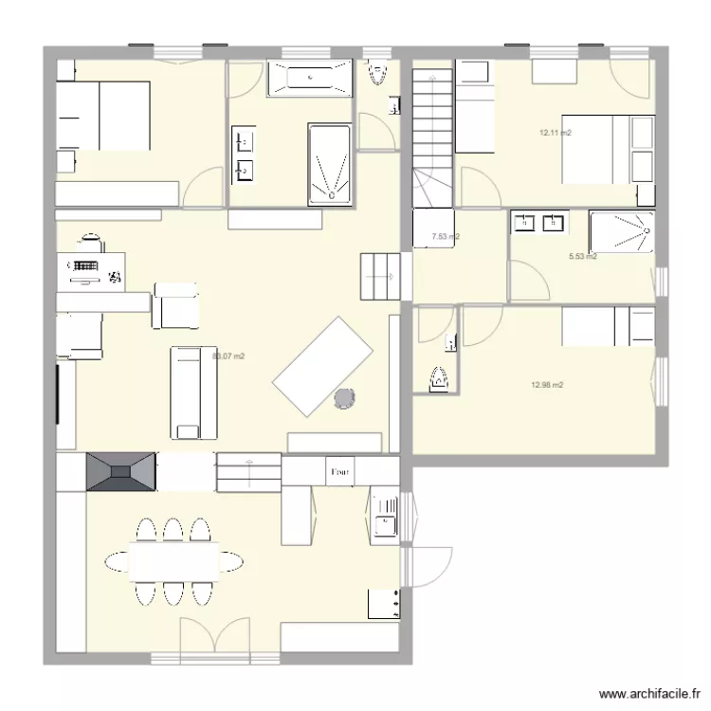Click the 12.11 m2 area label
(556, 134)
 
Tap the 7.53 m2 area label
(446, 237)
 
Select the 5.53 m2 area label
(582, 256)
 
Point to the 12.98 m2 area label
(548, 385)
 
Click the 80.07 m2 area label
(228, 356)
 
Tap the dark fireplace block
(120, 472)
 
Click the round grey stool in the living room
(344, 399)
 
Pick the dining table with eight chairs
(173, 561)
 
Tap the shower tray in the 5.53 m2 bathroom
(621, 231)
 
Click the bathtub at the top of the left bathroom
(309, 78)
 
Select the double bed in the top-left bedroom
(103, 116)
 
